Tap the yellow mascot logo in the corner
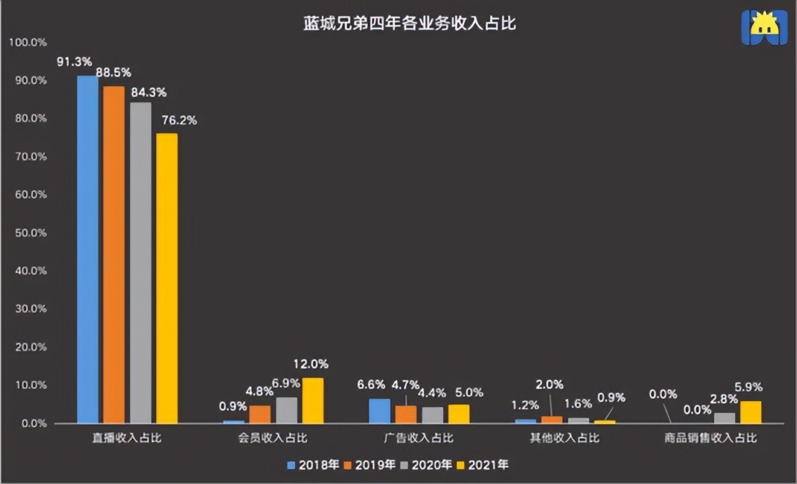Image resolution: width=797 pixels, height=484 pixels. click(764, 27)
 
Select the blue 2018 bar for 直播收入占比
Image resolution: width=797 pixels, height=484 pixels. click(88, 249)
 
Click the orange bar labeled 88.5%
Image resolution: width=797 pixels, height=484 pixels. click(114, 255)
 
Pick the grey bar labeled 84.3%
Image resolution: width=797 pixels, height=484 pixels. click(140, 263)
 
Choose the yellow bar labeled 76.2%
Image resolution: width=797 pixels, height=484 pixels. click(167, 278)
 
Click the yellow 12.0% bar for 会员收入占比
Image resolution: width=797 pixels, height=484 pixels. click(313, 401)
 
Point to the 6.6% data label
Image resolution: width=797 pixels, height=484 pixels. click(371, 385)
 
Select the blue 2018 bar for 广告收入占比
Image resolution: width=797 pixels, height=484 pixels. click(379, 411)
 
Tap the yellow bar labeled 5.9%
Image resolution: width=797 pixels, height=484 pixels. click(751, 412)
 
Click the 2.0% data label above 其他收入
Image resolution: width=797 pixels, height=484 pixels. click(549, 384)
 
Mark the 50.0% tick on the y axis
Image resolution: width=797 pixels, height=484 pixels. click(30, 233)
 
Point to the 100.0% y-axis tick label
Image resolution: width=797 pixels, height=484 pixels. click(28, 42)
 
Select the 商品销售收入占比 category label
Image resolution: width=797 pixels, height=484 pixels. click(710, 438)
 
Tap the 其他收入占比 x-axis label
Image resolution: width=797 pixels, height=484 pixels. click(565, 438)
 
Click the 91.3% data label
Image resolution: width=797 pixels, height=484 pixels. click(74, 62)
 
